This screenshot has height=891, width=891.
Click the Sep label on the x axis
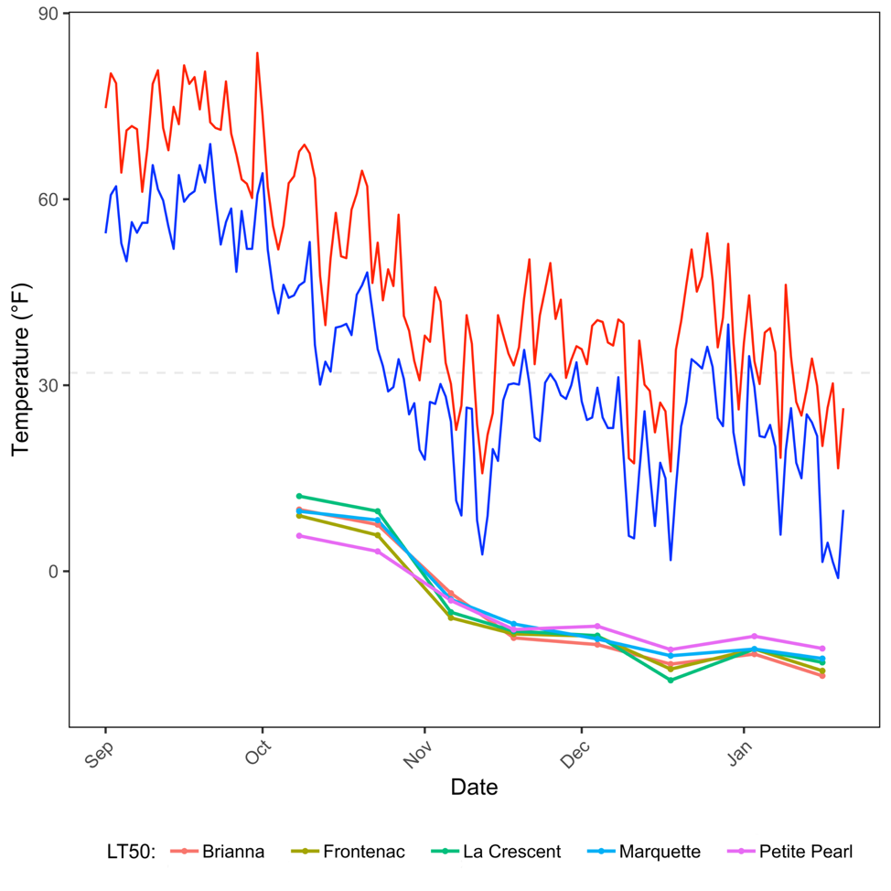pos(99,751)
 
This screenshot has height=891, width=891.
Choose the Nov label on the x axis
pos(418,751)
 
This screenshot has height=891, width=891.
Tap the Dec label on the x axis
pos(574,751)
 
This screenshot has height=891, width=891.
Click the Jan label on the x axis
pos(737,751)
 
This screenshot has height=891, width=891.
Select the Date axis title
pos(474,787)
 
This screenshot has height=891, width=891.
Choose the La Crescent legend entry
pos(511,852)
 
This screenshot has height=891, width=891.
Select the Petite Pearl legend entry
pos(805,852)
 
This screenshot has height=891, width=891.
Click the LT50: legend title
pos(131,852)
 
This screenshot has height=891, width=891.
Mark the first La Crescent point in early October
pos(299,496)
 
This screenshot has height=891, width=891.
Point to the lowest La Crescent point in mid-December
pos(671,680)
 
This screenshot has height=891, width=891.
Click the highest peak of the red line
pos(257,53)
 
